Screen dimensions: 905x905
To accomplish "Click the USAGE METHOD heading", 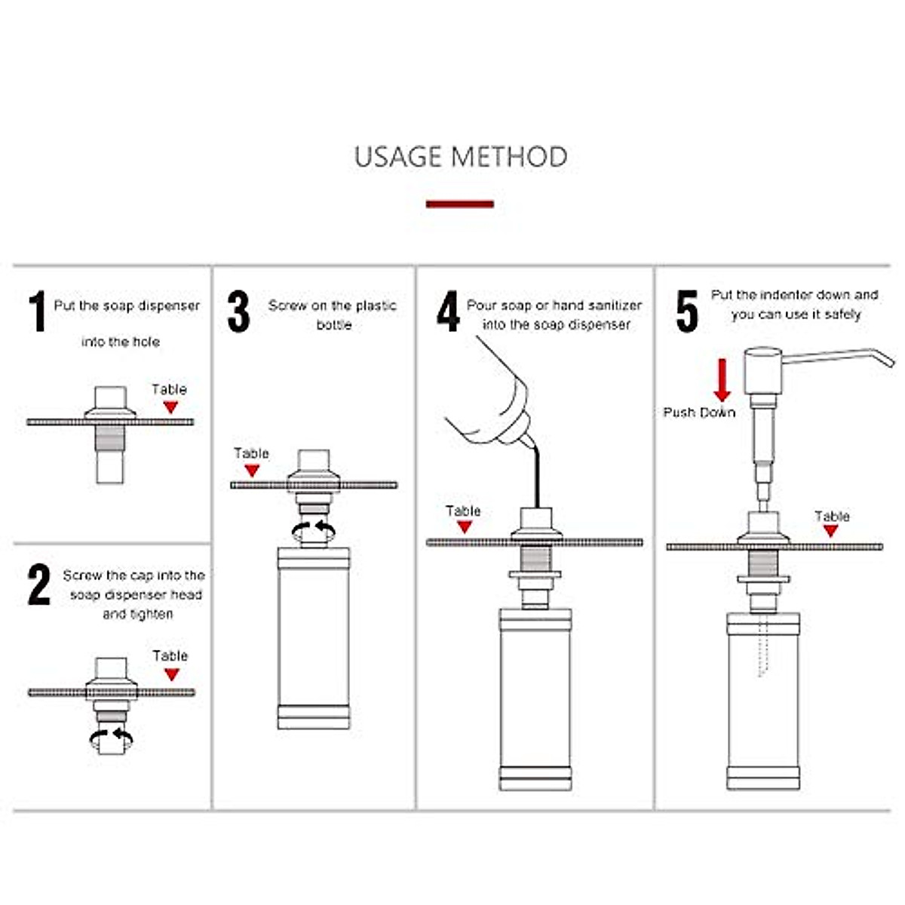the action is click(x=460, y=157).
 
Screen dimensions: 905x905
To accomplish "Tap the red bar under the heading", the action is click(x=460, y=204).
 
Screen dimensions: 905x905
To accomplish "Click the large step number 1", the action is click(x=38, y=311).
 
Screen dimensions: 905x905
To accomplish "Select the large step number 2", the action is click(x=39, y=584).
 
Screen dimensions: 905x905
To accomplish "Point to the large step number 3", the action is click(x=238, y=311).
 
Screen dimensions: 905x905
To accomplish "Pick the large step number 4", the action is click(x=448, y=311).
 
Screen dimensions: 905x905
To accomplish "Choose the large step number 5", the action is click(x=686, y=311).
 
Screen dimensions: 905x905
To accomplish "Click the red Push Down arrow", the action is click(x=722, y=380).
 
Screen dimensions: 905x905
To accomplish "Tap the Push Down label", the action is click(x=699, y=413).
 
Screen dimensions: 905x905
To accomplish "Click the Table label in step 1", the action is click(x=169, y=389).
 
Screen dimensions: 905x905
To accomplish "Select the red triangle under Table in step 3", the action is click(x=252, y=471).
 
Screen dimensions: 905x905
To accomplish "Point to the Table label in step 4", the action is click(x=463, y=511).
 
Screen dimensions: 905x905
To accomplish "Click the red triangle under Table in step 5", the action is click(x=831, y=531).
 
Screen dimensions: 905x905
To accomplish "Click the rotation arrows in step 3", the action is click(x=314, y=529).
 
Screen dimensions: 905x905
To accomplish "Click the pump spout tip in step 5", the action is click(x=889, y=363).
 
